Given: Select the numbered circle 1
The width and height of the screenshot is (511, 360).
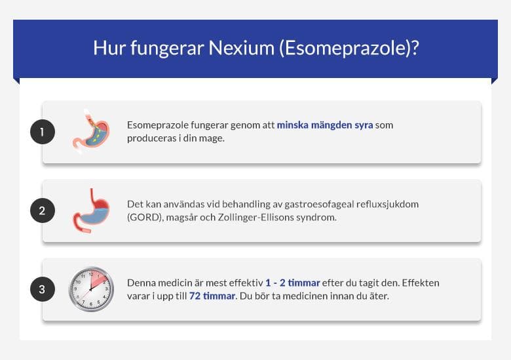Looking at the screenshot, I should click(x=43, y=132).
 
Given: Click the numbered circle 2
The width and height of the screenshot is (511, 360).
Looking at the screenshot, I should click(x=43, y=211).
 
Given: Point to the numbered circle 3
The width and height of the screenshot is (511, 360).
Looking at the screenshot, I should click(x=43, y=289).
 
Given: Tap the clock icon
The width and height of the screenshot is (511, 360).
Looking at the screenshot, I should click(x=92, y=289).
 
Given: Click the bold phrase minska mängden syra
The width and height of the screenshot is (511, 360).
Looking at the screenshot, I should click(x=324, y=125).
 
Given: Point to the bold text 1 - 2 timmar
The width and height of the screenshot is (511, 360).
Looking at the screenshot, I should click(x=292, y=283).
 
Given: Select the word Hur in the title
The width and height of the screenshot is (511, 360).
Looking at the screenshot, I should click(x=105, y=48).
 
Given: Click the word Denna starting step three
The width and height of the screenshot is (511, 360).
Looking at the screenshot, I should click(x=142, y=283).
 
